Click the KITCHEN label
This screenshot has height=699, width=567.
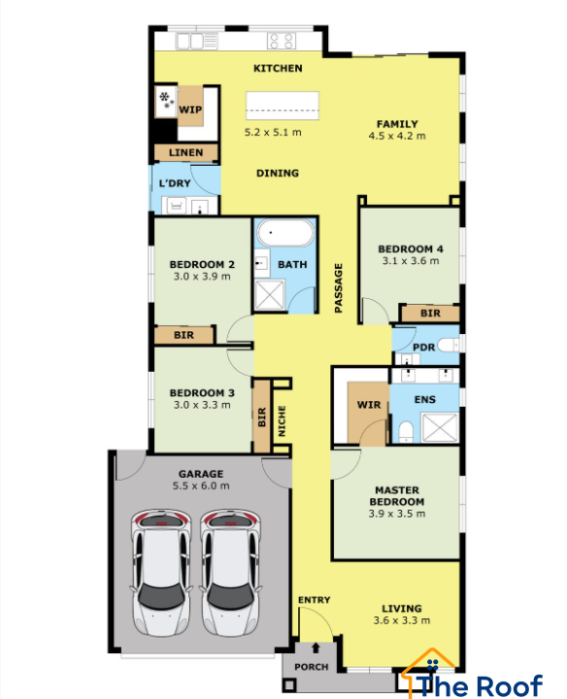pos(278,68)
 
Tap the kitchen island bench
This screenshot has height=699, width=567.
pos(283,106)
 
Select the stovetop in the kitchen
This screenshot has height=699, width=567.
pos(282,41)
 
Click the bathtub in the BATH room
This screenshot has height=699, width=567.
pos(285,232)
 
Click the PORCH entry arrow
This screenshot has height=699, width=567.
pos(316,648)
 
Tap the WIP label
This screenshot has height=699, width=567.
pos(190,110)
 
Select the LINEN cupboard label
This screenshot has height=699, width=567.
pos(185,152)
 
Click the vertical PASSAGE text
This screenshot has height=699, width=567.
pos(338,287)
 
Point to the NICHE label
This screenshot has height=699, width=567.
pos(282,420)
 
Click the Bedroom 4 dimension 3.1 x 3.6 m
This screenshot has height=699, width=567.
pos(411,261)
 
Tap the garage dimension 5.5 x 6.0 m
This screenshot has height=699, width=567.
pos(201,486)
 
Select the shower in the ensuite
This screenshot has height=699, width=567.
pos(440,427)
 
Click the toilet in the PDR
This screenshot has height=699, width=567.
pos(448,345)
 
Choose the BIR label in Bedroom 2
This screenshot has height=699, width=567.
pos(183,335)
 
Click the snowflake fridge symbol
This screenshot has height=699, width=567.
pos(166,99)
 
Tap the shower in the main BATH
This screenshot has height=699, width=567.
pos(269,294)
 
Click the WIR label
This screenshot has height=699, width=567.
pos(369,405)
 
